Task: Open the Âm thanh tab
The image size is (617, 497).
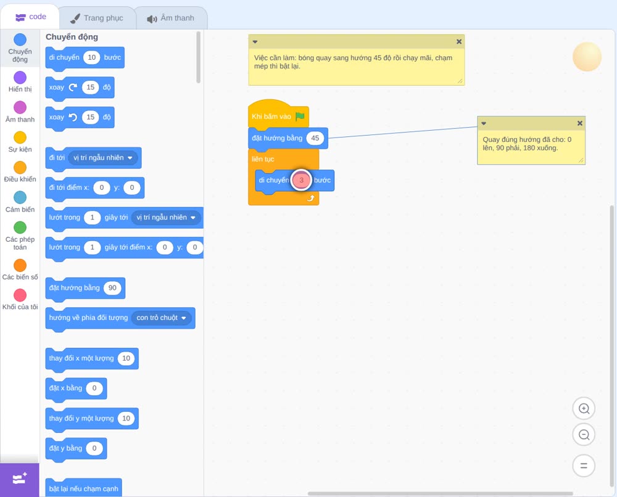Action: [170, 18]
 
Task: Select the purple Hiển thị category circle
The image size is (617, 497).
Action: [20, 78]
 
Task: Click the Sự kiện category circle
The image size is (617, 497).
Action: [20, 138]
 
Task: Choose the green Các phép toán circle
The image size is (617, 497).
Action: [20, 228]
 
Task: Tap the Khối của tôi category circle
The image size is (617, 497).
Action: [20, 295]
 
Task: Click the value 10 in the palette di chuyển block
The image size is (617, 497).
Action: [92, 57]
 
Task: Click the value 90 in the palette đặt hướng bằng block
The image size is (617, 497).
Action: [112, 288]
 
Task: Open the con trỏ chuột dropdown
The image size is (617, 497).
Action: [161, 318]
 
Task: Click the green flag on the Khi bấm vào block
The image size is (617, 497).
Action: [300, 117]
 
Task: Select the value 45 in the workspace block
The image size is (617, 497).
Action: [315, 138]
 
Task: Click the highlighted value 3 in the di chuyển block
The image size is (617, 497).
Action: [302, 180]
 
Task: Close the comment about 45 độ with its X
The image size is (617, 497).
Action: [459, 42]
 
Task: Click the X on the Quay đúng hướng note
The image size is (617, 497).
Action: [579, 123]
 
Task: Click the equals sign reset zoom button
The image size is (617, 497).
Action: [584, 466]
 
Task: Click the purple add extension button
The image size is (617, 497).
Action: [20, 480]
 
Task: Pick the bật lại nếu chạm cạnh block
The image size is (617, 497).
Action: [83, 488]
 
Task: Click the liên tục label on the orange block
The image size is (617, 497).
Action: [263, 159]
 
